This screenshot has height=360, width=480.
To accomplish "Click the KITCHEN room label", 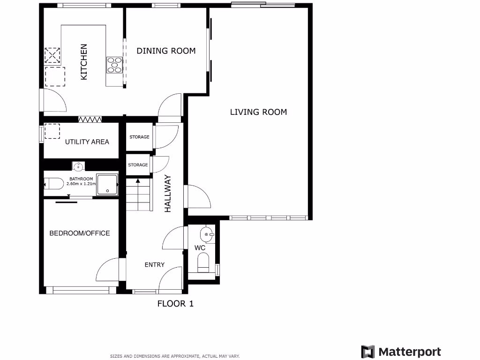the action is coord(83,62).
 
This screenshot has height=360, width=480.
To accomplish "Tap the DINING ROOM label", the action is coord(166,51).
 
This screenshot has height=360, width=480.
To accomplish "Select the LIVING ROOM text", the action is coord(258,112).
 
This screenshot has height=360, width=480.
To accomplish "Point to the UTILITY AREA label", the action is coord(87,142).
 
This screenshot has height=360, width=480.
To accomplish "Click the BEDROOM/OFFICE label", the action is coord(80,233).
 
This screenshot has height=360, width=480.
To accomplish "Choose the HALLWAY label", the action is coord(168,194).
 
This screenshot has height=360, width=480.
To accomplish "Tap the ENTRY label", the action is coord(155,265).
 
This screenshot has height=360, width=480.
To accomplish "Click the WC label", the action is coord(200,247).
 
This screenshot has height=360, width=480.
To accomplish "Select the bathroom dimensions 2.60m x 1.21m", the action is coord(81,184).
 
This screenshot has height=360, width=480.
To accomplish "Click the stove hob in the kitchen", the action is coord(114,65).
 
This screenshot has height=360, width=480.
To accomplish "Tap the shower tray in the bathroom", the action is coord(107,185).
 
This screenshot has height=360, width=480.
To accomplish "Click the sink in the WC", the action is coord(207,235).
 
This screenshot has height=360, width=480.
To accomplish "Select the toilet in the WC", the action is coord(203,263).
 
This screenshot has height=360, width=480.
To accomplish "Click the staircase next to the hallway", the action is coord(139,195).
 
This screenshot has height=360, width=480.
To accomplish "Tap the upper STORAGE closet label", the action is coord(139,137).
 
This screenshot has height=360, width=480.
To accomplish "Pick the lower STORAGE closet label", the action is coord(138,165).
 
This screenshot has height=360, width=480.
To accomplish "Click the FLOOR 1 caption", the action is coord(175,304).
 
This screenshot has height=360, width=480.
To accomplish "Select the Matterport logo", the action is coord(401,352).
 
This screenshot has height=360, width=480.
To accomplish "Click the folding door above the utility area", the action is coord(90,120).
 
